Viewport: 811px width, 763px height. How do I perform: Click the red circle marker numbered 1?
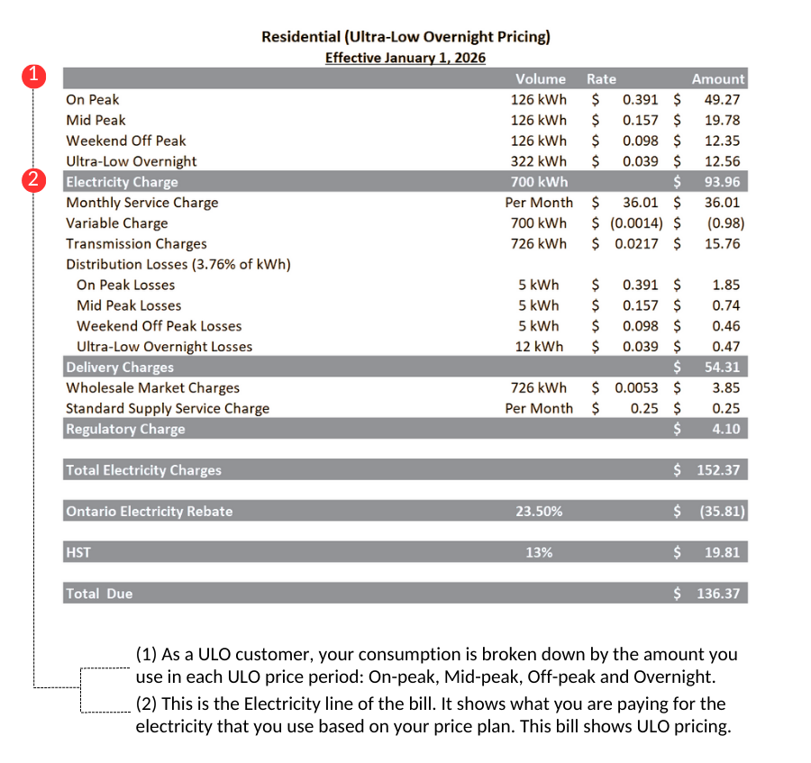tap(33, 76)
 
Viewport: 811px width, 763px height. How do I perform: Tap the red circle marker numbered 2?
tap(33, 180)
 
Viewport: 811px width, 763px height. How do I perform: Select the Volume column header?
tap(540, 79)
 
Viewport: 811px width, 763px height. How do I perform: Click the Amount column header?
tap(717, 79)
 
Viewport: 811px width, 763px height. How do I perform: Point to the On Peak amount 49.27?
tap(722, 100)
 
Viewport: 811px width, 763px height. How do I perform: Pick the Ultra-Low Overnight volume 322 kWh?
tap(539, 162)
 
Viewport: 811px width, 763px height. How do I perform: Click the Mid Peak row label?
tap(96, 121)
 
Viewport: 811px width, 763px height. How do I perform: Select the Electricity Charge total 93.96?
tap(722, 183)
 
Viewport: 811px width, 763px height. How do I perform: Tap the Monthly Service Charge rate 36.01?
tap(640, 204)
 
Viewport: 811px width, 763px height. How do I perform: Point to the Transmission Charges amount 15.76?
tap(722, 244)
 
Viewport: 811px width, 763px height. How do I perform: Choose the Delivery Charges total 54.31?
tap(722, 368)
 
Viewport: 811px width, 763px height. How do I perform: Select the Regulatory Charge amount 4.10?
tap(725, 430)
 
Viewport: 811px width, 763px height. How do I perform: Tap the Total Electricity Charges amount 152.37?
tap(718, 470)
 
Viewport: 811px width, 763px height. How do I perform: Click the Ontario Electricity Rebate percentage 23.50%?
tap(539, 512)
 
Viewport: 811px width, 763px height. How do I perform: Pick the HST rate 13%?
tap(539, 553)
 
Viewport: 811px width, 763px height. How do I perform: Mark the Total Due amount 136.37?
tap(718, 595)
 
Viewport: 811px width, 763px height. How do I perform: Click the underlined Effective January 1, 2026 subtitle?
tap(405, 59)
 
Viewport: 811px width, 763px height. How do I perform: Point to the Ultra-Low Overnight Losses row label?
tap(164, 348)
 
